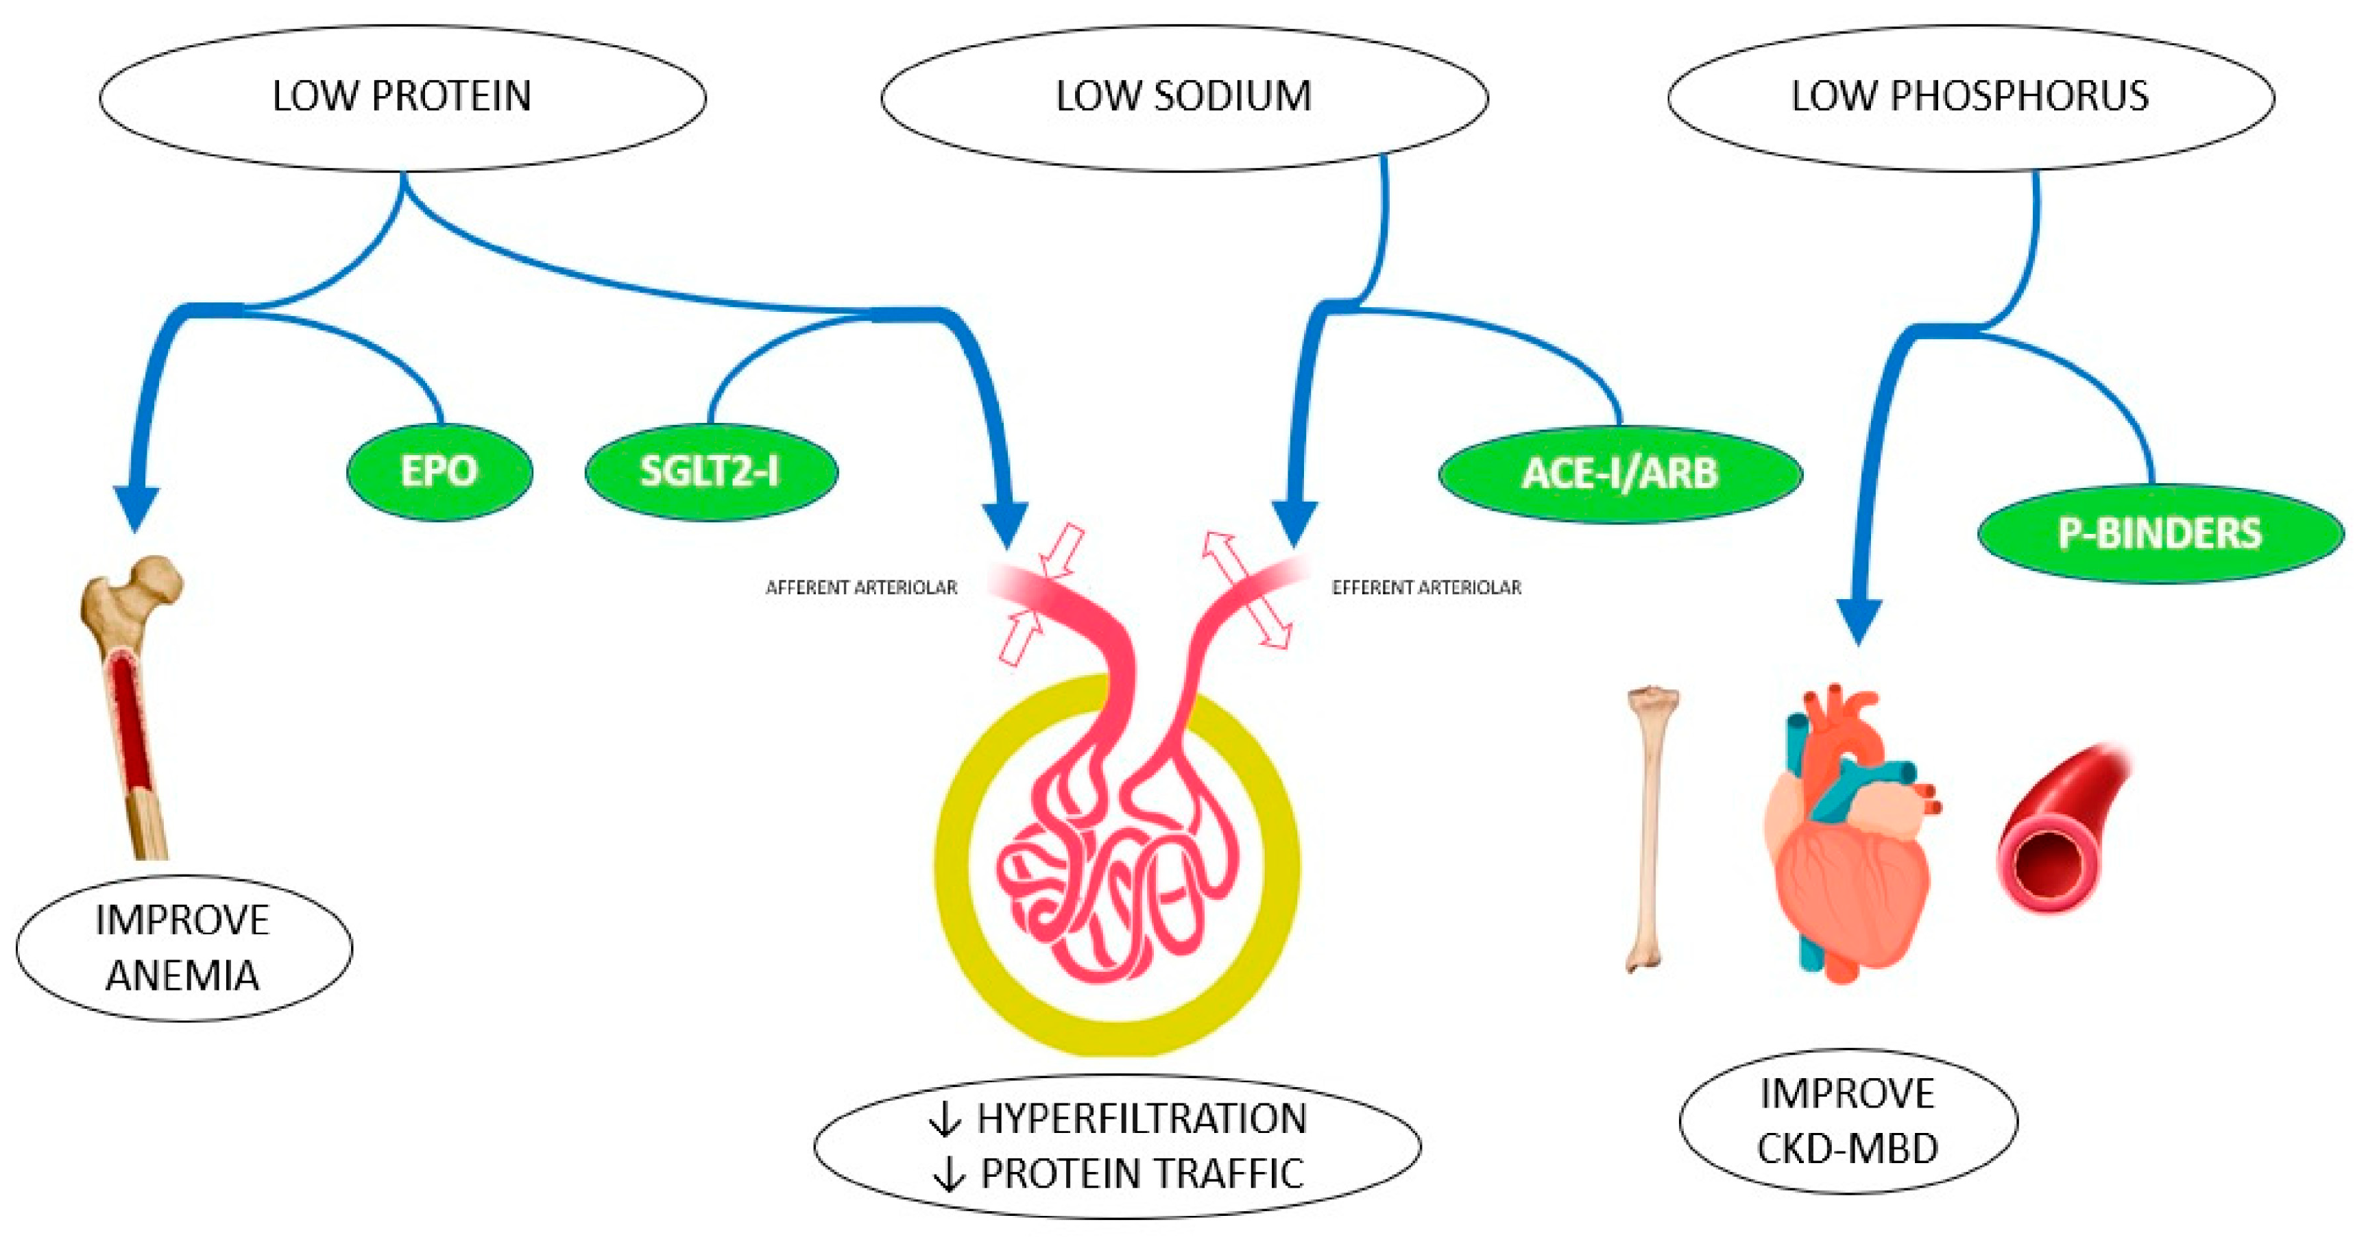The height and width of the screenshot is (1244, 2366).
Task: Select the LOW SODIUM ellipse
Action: (1183, 97)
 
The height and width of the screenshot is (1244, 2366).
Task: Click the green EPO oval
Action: (439, 472)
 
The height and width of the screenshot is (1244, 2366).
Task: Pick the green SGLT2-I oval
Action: (710, 472)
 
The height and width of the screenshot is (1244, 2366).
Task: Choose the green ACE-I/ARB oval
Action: (1619, 474)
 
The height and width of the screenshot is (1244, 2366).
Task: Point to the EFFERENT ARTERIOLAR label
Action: (1427, 587)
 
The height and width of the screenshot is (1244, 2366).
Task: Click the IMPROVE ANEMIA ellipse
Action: (183, 947)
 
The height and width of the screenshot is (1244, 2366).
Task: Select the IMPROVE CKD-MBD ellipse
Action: (1847, 1121)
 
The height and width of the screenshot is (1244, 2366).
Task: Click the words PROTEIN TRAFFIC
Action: (1142, 1174)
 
